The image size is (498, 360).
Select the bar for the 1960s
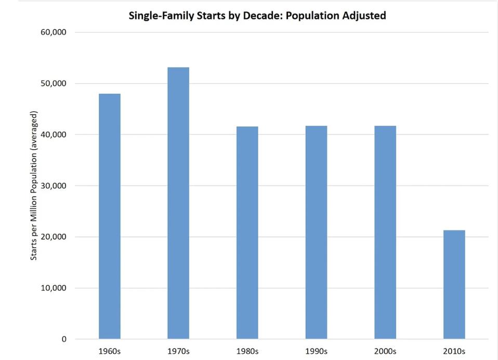click(109, 216)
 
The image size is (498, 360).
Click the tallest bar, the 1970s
click(178, 203)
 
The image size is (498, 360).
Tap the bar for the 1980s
click(247, 233)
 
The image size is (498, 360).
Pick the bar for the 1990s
click(316, 233)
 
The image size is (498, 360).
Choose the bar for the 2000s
click(385, 233)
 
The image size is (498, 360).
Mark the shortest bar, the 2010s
click(454, 285)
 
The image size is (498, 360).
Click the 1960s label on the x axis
click(109, 351)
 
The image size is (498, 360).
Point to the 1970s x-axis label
click(178, 351)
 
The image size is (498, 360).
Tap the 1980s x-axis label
click(247, 351)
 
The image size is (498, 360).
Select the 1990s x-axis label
click(316, 351)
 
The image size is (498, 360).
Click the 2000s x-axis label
click(385, 351)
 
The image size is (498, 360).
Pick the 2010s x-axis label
click(454, 351)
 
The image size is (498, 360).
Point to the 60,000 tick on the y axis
click(54, 32)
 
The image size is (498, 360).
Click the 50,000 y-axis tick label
click(54, 83)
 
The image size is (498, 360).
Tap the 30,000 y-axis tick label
click(54, 186)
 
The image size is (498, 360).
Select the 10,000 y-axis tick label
click(54, 288)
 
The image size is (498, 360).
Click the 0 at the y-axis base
click(64, 339)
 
